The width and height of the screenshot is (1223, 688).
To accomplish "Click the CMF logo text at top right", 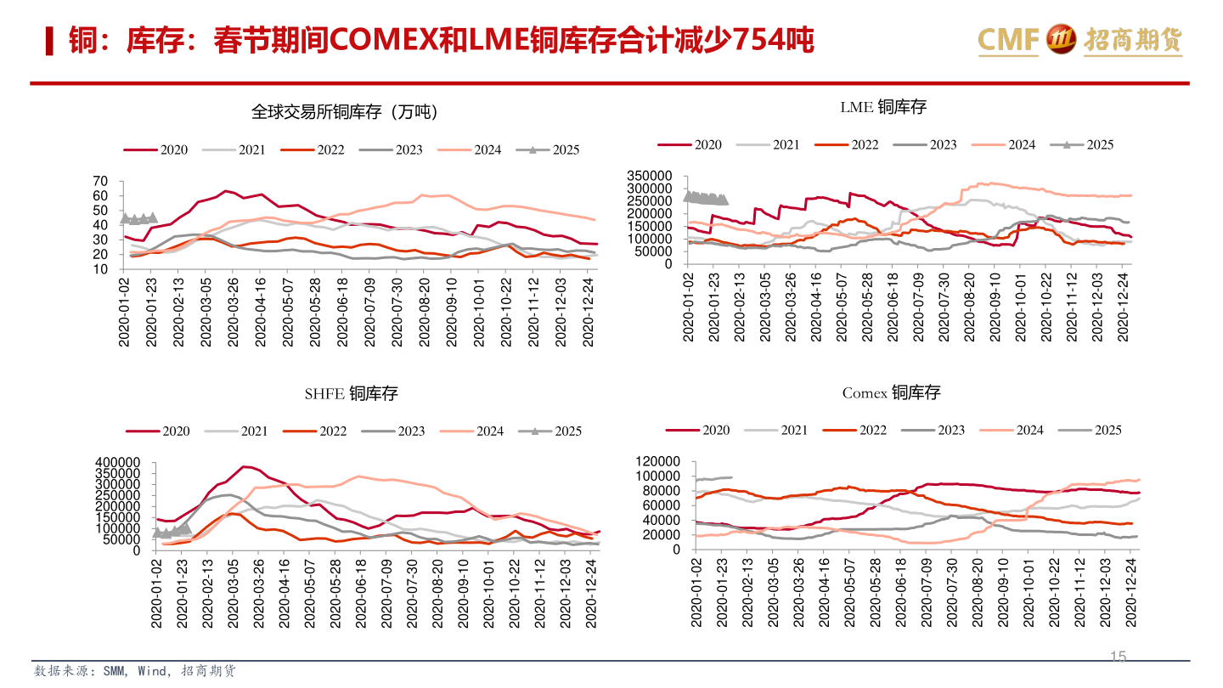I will tap(1009, 39).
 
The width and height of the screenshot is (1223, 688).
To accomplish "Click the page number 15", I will tap(1119, 657).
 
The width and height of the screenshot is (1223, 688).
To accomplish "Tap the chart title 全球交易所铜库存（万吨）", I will tap(344, 111).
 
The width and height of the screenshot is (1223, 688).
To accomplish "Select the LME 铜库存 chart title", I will tap(882, 107).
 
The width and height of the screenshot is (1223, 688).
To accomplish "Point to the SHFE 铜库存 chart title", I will tap(351, 394).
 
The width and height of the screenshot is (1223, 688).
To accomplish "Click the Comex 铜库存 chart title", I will tap(891, 392).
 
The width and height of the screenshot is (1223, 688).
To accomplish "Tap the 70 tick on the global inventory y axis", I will tap(100, 181).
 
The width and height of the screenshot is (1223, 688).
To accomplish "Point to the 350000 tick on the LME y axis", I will tap(650, 175).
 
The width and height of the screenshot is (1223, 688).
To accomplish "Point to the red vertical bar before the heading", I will tap(50, 41).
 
